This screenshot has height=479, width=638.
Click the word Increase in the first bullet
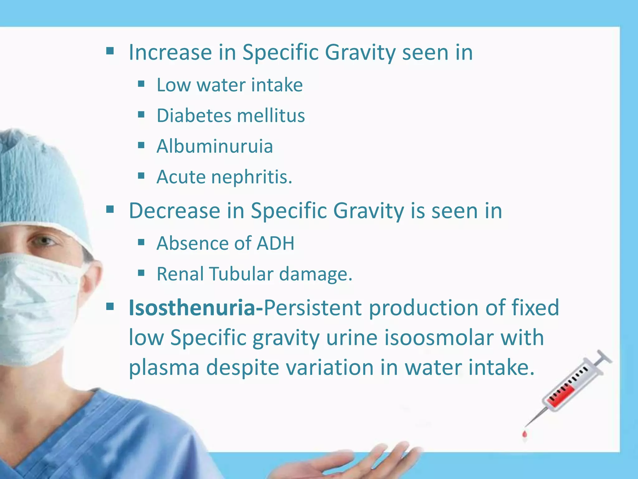click(170, 52)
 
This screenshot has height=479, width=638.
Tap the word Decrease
click(174, 211)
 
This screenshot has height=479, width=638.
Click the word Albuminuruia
click(215, 146)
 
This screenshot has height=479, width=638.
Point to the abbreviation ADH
click(275, 243)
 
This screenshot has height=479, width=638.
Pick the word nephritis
click(252, 177)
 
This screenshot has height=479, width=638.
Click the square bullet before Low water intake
click(141, 84)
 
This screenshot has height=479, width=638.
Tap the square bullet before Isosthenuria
click(110, 307)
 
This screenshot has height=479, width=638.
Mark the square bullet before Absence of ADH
click(141, 242)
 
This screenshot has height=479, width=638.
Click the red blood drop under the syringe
click(525, 434)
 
